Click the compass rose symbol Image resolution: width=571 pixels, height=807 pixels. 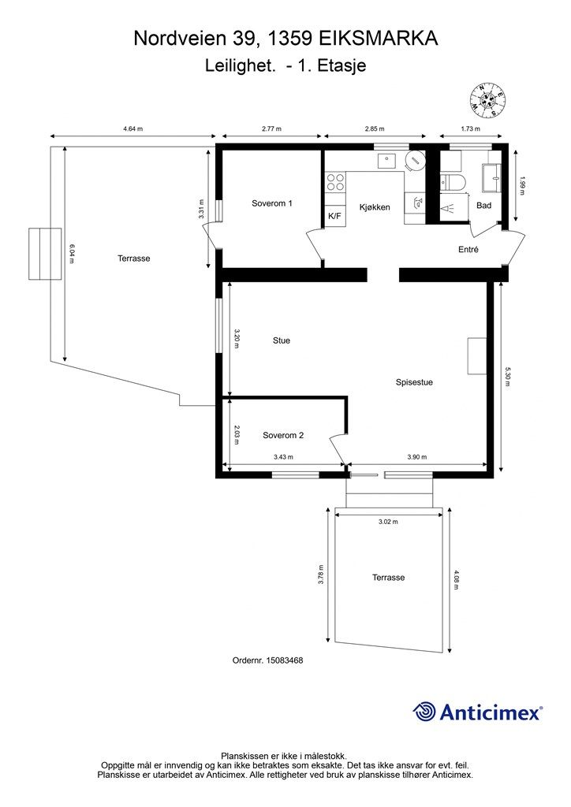point(487,100)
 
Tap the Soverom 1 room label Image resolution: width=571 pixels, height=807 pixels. point(272,203)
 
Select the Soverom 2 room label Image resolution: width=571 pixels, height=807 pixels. point(283,435)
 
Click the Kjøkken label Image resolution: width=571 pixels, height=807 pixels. point(375,207)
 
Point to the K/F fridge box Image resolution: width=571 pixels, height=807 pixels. point(334,216)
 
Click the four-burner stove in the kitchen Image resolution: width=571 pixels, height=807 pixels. point(336,182)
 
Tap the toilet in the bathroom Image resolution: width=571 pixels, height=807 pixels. point(453,183)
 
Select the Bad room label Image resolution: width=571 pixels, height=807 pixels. point(484,206)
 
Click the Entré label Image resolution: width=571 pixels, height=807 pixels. point(468,250)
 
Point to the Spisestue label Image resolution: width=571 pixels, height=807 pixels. point(414,382)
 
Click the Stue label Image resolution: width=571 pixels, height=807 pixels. point(282,340)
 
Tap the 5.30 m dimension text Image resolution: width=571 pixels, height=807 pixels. point(507,376)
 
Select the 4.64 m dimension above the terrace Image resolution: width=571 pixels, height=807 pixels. point(132,128)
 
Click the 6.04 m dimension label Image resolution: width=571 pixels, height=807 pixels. point(72,253)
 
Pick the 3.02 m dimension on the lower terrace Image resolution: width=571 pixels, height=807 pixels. point(388,522)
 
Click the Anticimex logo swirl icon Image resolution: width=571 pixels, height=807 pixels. point(424,712)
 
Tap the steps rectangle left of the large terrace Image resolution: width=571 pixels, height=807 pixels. point(45,254)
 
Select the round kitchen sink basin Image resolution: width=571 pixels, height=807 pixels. point(415,161)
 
